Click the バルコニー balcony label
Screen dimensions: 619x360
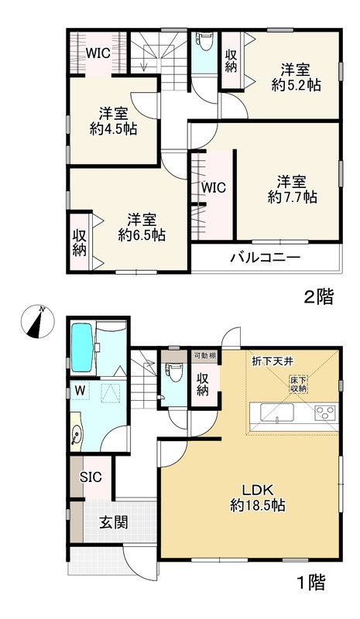coord(264,258)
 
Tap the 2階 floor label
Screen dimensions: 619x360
coord(317,297)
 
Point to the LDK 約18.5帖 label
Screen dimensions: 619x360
coord(259,497)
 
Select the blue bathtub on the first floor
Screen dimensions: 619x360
coord(81,347)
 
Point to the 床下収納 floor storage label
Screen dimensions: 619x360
coord(299,384)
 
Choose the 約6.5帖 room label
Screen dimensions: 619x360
coord(140,225)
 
